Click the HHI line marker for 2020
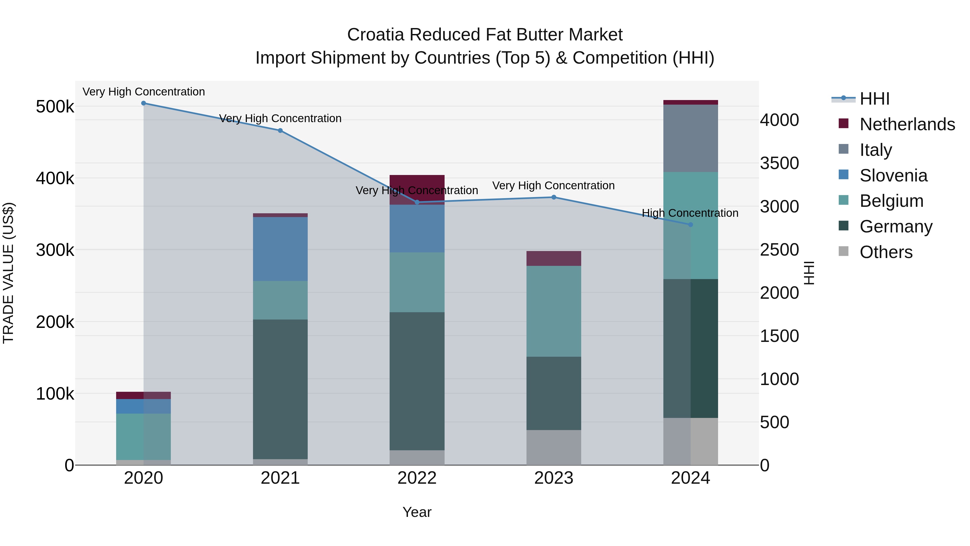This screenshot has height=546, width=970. click(x=143, y=103)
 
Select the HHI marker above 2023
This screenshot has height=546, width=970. click(x=553, y=197)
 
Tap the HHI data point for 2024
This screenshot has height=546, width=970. click(x=690, y=225)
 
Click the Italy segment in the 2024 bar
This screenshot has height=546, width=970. click(x=690, y=138)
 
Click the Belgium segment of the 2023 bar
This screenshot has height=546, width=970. click(x=553, y=311)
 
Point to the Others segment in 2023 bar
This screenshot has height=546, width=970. click(x=553, y=447)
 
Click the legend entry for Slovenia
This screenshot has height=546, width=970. click(x=893, y=176)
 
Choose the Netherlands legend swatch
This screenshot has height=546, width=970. click(x=843, y=123)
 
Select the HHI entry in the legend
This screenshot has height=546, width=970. click(x=874, y=99)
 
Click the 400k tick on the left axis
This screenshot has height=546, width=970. click(x=55, y=178)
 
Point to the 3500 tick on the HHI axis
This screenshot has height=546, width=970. click(x=779, y=163)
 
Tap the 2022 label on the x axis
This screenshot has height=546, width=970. click(x=417, y=478)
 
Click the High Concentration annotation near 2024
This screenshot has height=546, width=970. click(x=690, y=213)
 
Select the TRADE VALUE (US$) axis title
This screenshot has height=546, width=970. click(x=8, y=273)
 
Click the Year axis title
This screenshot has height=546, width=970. click(x=417, y=512)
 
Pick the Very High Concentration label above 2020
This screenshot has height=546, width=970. click(x=143, y=92)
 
